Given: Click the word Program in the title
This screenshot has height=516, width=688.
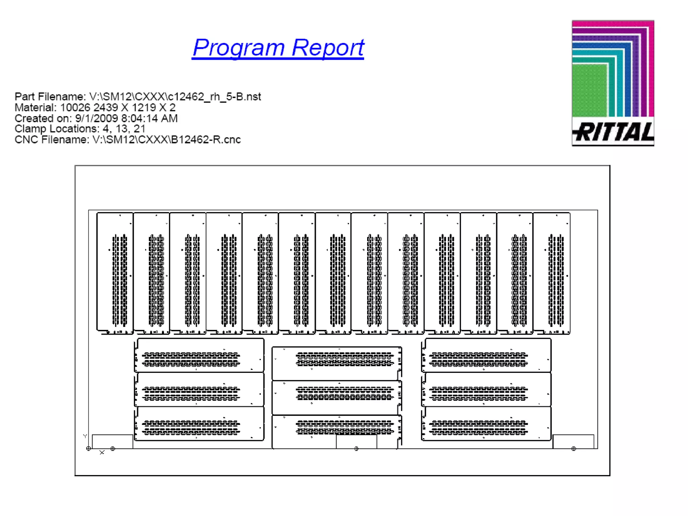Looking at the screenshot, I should click(x=239, y=48).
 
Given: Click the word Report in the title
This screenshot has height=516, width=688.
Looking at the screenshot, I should click(x=328, y=48).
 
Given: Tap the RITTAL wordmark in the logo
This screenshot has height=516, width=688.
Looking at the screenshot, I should click(x=613, y=132).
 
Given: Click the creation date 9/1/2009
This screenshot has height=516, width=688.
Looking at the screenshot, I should click(x=96, y=118).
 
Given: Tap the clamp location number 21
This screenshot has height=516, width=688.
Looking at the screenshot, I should click(x=139, y=129).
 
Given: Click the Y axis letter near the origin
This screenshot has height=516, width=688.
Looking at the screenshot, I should click(x=85, y=436).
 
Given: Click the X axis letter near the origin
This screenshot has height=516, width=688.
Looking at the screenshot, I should click(x=102, y=453).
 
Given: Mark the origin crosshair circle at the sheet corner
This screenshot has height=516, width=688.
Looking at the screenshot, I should click(x=88, y=448).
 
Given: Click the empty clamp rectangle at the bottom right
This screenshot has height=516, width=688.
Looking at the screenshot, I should click(x=573, y=441).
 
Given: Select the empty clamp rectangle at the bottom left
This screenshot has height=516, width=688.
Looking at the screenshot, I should click(x=112, y=441).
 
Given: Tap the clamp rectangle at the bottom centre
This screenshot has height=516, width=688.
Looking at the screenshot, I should click(x=356, y=442).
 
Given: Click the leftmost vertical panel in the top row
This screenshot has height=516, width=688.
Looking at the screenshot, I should click(x=115, y=273).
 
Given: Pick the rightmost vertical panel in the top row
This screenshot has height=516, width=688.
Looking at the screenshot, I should click(x=551, y=273).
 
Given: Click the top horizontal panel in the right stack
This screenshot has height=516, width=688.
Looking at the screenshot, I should click(x=486, y=355).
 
